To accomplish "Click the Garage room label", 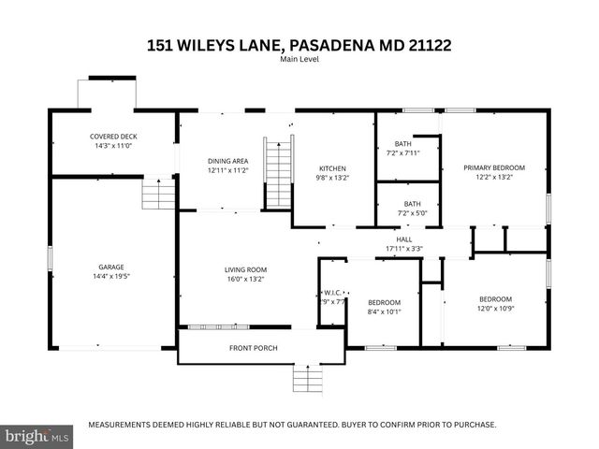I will click(x=111, y=267).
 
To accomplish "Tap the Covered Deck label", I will click(x=111, y=137).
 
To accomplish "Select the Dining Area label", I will click(x=227, y=161).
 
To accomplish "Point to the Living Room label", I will click(x=245, y=269).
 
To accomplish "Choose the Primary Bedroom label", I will click(x=494, y=167).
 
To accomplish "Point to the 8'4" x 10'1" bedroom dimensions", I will click(x=384, y=312).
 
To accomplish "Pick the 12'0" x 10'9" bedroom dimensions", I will click(x=496, y=309).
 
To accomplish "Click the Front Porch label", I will click(x=253, y=348).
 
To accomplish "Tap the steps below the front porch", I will click(x=306, y=378).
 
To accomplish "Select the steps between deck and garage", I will click(x=158, y=195).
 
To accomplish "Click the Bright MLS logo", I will click(x=37, y=436).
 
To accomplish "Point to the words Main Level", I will click(x=299, y=60).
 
